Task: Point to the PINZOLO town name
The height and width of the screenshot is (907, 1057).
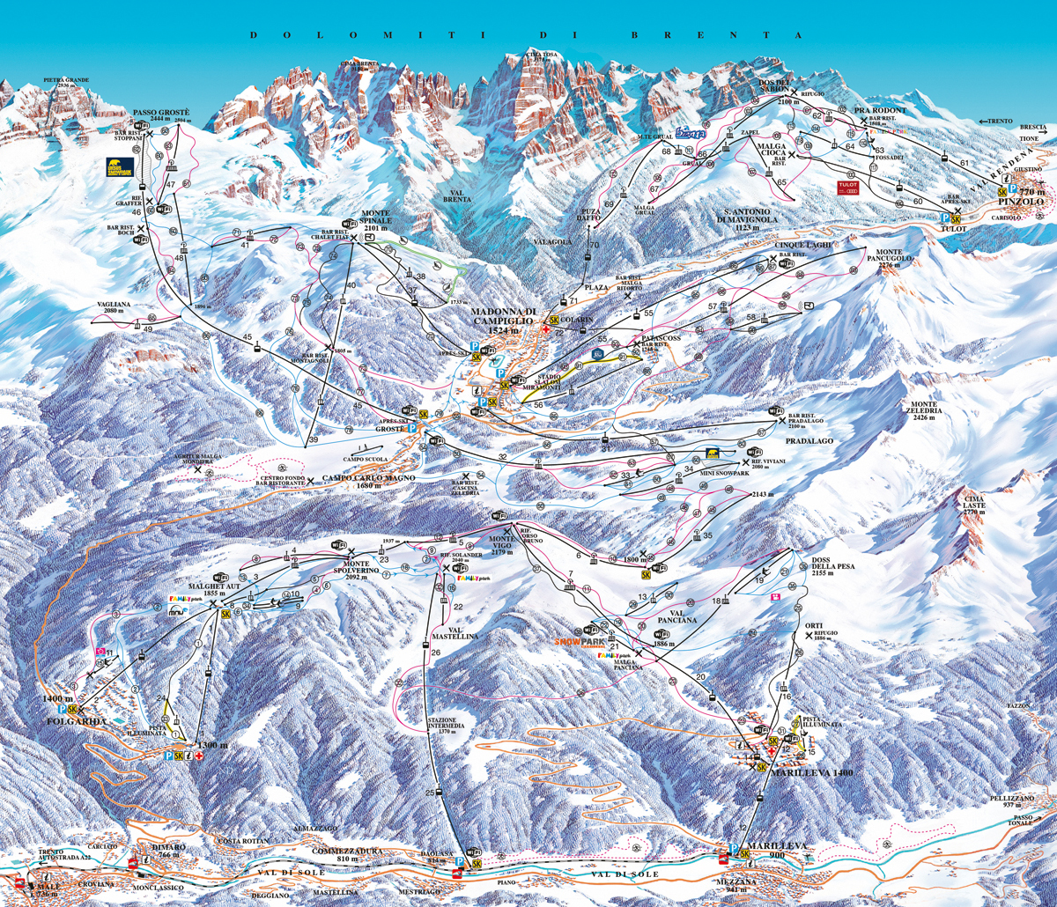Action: pos(1025,202)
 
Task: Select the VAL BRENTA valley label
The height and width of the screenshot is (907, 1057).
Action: pos(459,195)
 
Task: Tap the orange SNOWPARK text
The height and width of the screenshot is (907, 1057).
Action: pos(576,642)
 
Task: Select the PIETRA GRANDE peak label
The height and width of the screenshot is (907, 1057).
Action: pos(66,80)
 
